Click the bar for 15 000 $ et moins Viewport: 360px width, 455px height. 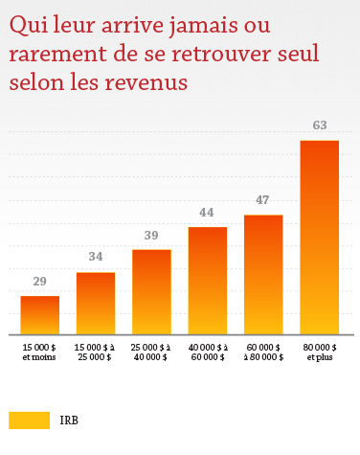40,313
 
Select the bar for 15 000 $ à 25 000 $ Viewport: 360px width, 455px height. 96,302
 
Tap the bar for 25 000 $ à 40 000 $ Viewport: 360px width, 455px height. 151,290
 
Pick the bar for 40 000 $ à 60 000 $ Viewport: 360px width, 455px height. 208,279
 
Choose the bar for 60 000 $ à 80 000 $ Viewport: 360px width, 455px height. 263,273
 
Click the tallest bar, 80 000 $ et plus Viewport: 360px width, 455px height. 320,236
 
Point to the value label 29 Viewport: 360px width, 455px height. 40,282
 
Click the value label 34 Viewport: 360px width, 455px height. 96,258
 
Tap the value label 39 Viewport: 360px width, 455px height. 151,235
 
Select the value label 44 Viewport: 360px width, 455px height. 208,212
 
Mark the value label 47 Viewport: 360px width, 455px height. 263,200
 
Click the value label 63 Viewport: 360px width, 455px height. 320,125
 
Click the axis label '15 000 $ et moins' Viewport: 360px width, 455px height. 40,351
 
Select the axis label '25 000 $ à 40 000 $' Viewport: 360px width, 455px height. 151,351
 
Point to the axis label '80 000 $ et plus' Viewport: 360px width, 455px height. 320,351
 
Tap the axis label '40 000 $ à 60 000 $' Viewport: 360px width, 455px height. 208,351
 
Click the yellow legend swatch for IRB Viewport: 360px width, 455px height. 29,421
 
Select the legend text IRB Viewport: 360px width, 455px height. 69,421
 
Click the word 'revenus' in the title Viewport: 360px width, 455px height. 145,83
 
